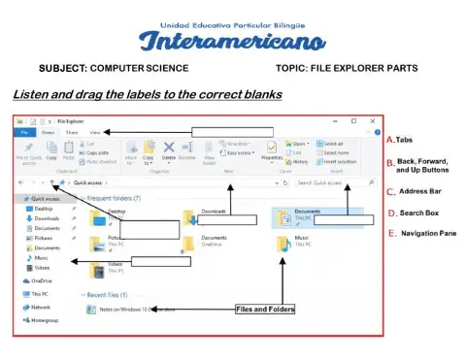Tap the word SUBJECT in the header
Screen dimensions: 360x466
[63, 70]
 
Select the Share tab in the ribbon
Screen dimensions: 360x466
[71, 132]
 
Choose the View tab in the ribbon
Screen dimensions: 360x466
[94, 132]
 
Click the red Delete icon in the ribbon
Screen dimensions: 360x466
[169, 148]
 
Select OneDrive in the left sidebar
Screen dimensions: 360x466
[41, 280]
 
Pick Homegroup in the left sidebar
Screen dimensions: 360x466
[44, 318]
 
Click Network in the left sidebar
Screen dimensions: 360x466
[41, 306]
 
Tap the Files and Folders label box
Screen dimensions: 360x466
[265, 310]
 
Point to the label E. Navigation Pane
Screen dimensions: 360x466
[424, 234]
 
